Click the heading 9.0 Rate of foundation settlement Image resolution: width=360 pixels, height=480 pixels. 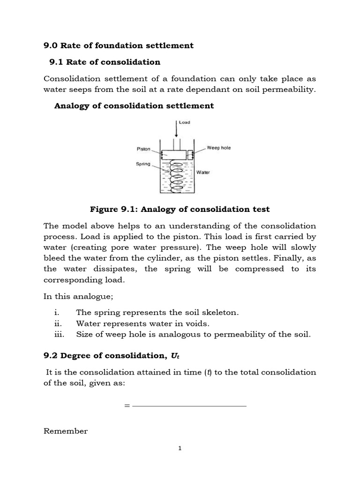pos(118,45)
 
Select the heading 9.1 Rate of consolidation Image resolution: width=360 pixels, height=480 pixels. pos(105,62)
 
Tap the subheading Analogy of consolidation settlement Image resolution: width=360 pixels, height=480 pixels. pos(134,106)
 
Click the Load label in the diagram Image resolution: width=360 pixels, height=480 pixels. pos(184,123)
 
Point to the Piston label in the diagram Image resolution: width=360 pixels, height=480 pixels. pos(143,149)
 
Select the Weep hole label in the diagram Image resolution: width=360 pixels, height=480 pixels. pos(218,148)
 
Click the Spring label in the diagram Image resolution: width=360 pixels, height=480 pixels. pos(143,164)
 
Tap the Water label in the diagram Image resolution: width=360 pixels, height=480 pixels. pos(203,172)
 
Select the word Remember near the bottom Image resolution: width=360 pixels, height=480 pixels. pos(66,431)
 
